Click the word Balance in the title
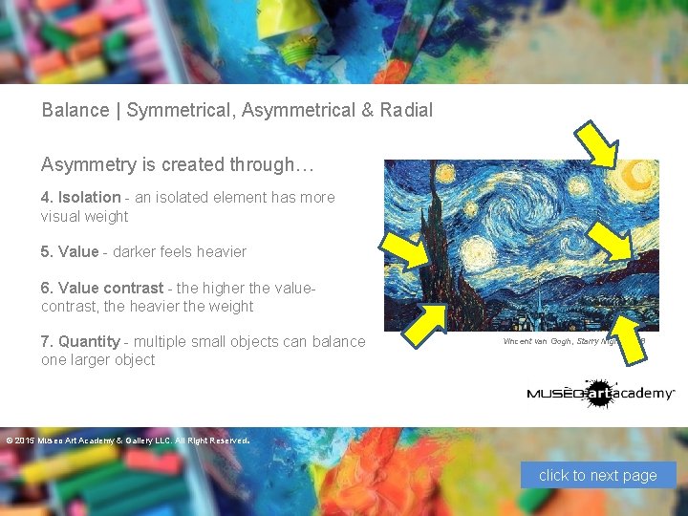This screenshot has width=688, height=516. [75, 110]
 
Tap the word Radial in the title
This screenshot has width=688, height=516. [406, 110]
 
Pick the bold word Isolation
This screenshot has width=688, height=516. [90, 198]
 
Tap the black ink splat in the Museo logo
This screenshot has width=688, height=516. [599, 393]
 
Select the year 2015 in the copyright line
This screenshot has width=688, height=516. [23, 441]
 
